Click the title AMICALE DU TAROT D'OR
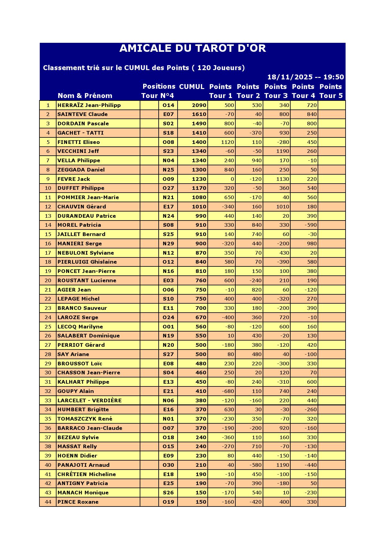(192, 48)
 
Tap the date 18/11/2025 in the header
(286, 77)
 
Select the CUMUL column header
(192, 87)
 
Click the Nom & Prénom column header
(85, 96)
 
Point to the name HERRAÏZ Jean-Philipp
(89, 105)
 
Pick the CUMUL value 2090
(199, 105)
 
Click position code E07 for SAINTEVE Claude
(168, 114)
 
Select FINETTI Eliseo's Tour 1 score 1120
(227, 142)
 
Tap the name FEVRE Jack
(74, 179)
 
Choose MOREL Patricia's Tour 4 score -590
(310, 225)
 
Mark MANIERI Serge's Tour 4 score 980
(311, 243)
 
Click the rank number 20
(48, 280)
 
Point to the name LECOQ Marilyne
(80, 327)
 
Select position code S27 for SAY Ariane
(168, 354)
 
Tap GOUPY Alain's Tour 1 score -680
(228, 391)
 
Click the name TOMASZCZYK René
(85, 419)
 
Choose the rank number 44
(48, 502)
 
